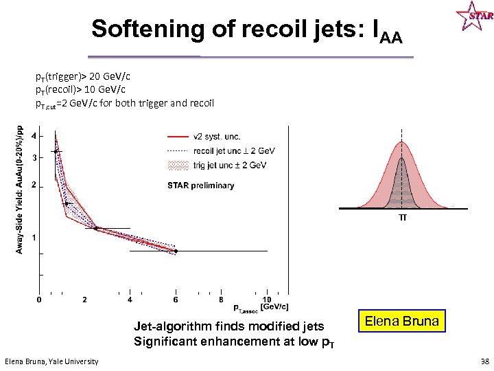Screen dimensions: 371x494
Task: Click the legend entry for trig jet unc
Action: [x=229, y=165]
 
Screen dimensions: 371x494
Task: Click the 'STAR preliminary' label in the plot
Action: [x=201, y=185]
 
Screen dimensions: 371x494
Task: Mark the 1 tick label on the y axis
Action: [x=34, y=237]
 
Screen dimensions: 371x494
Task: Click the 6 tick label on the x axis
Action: [x=176, y=300]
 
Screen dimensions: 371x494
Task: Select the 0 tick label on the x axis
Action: [x=38, y=300]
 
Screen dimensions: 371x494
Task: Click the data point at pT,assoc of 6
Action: [x=176, y=251]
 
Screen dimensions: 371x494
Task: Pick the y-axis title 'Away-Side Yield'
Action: [x=19, y=189]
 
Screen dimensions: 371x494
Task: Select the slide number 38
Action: [x=485, y=361]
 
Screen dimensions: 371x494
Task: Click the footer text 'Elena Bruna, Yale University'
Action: [x=51, y=361]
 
